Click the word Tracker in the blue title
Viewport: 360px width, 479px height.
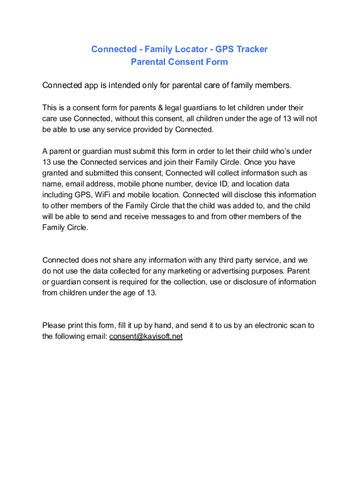252,50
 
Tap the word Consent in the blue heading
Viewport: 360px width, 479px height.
180,62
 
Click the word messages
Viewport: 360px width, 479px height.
183,217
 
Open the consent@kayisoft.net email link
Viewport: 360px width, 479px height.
146,336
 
